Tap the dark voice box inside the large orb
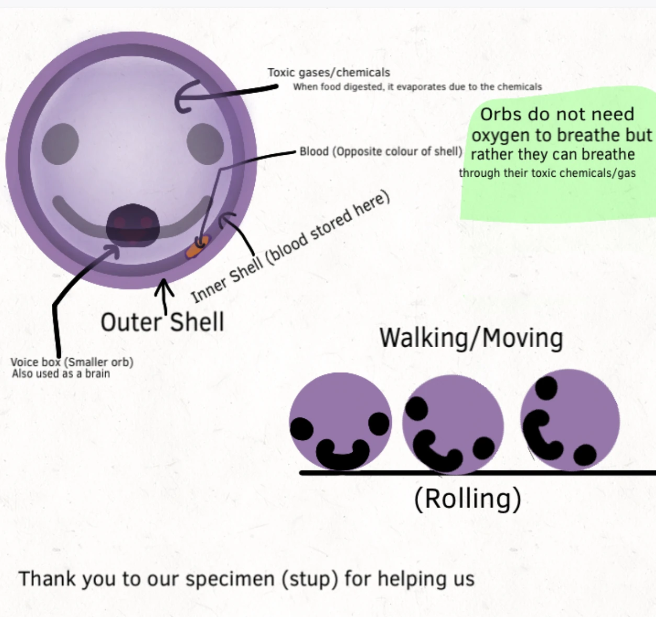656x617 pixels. (x=132, y=226)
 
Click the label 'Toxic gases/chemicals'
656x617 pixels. (x=329, y=73)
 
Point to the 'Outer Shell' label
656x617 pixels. (x=162, y=322)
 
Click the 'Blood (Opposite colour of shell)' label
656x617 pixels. (x=380, y=152)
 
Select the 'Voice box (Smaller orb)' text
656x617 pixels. (x=72, y=362)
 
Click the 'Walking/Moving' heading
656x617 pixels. (x=471, y=338)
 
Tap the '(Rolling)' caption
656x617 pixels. (x=467, y=498)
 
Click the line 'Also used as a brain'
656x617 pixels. (x=61, y=374)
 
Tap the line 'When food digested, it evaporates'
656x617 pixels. (x=417, y=87)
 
